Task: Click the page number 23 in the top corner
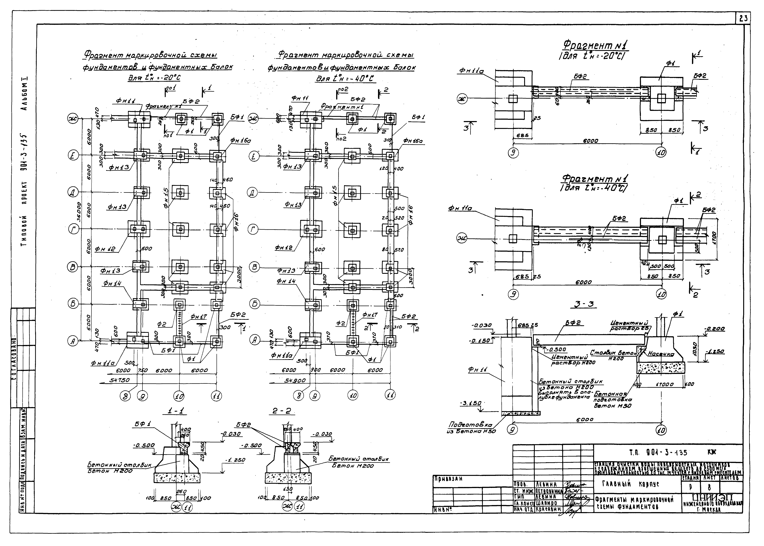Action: point(742,19)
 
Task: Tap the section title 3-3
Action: point(584,304)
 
